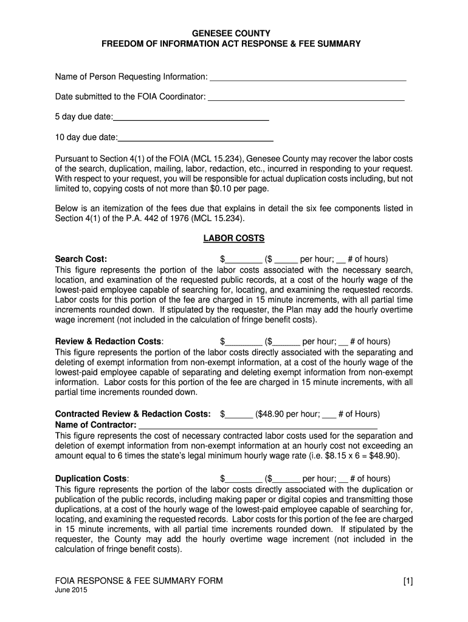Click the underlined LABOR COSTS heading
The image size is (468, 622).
[x=233, y=239]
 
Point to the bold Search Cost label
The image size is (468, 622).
[x=81, y=259]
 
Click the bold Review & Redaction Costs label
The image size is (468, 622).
[x=109, y=341]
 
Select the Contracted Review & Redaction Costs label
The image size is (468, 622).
[x=133, y=414]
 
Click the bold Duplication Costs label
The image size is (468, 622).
[x=92, y=479]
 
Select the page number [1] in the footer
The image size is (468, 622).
[x=407, y=581]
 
